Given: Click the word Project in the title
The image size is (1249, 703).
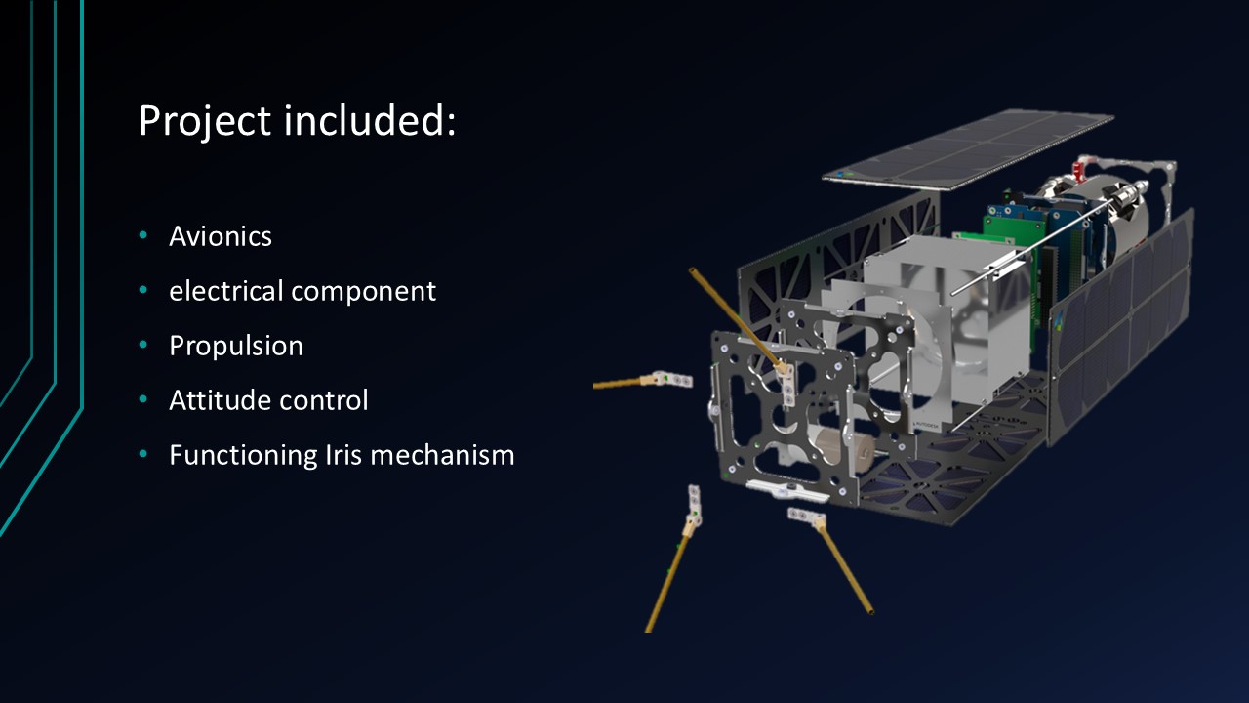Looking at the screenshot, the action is pos(205,122).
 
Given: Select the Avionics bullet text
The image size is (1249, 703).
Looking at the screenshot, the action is pos(221,236).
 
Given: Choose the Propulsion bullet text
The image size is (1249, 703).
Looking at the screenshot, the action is pos(236,346).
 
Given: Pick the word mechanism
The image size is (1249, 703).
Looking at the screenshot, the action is pos(442,455).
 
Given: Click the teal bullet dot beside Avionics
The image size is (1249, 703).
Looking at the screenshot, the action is pos(143,235).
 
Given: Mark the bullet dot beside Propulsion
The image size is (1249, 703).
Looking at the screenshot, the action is pos(143,345).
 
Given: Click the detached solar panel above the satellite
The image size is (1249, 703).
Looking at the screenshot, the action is pos(968,149).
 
